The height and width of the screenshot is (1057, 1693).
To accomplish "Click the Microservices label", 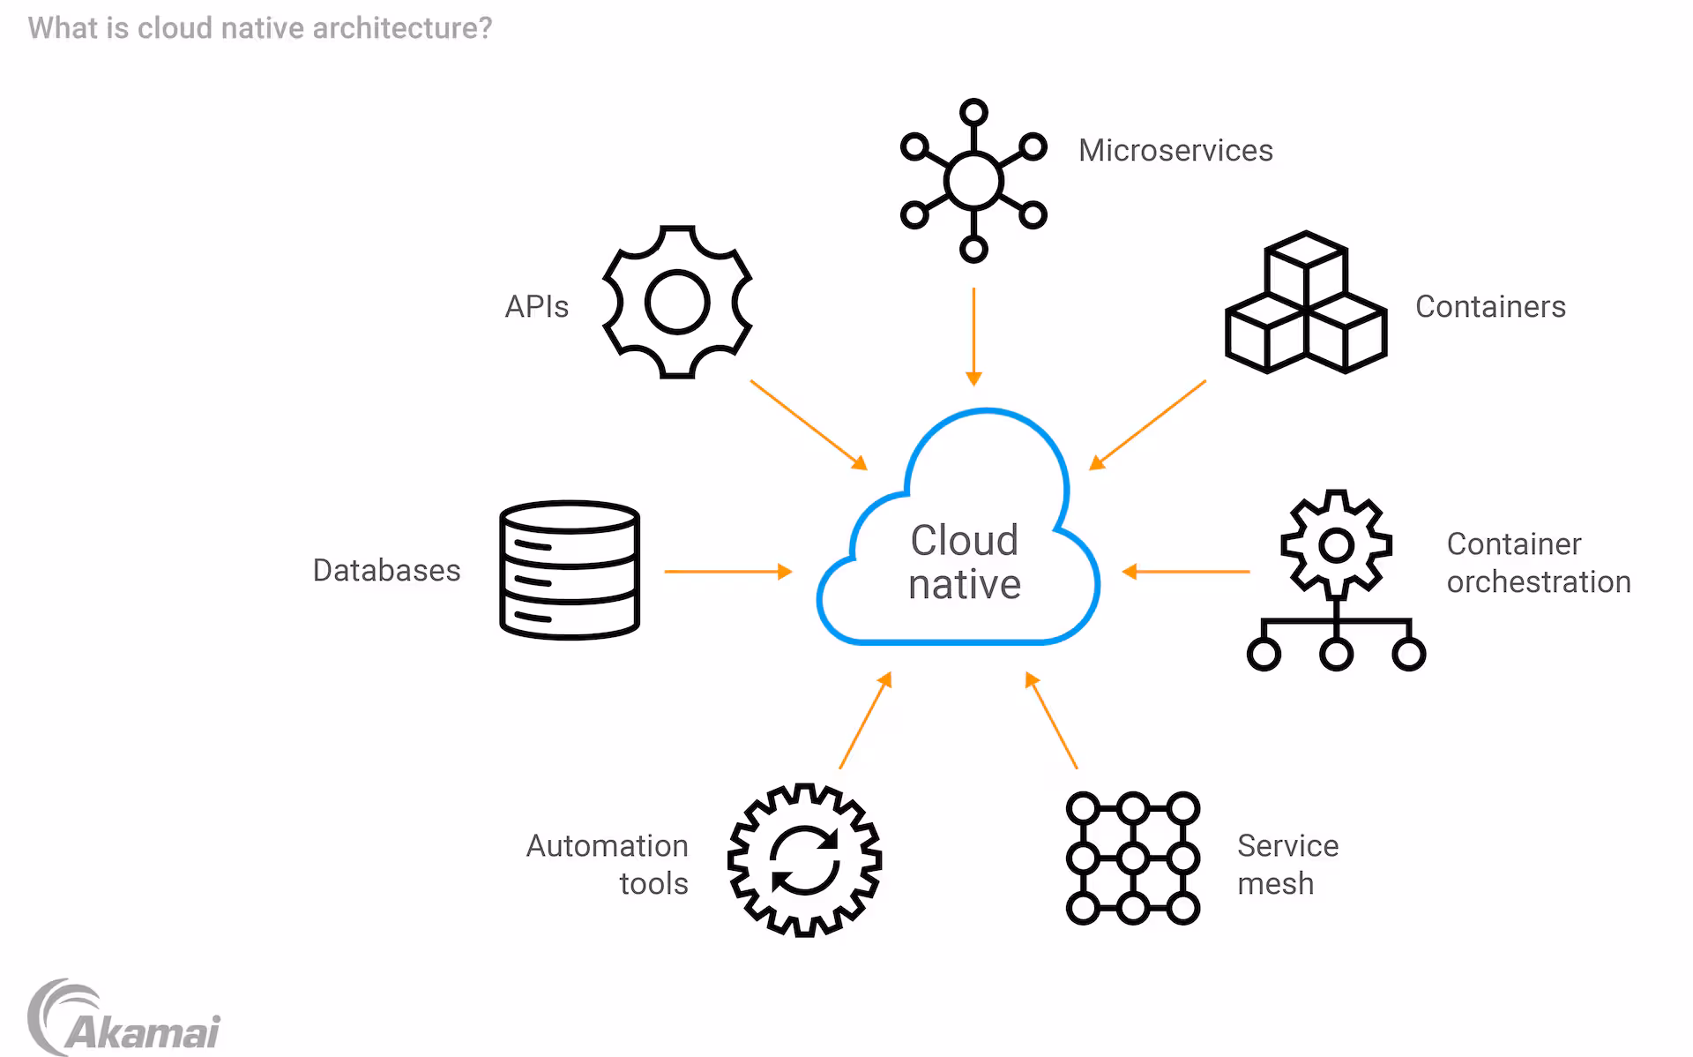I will point(1175,151).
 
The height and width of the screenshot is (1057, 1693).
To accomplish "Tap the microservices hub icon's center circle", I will point(973,181).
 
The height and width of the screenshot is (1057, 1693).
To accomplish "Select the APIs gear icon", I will point(677,303).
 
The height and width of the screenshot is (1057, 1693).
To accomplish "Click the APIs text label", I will point(536,307).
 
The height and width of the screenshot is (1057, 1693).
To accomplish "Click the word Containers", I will point(1490,307).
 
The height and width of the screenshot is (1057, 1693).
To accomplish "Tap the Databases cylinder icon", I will point(570,570).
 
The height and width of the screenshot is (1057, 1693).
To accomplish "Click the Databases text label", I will point(386,571).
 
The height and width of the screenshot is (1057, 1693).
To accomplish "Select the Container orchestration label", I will point(1538,563).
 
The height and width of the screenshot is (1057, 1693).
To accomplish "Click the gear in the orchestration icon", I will point(1336,545).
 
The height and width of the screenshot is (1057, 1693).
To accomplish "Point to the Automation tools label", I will point(608,864).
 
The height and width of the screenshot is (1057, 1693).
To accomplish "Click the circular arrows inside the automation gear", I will point(804,860).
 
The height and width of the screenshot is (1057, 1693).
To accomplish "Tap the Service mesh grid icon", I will point(1133,858).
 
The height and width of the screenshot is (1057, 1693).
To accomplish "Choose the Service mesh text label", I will point(1287,864).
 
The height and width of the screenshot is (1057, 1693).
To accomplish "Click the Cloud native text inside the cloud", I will point(965,562).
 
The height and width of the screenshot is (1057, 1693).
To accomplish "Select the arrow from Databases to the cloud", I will point(727,572).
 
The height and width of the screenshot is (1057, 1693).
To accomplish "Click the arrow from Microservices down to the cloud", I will point(973,336).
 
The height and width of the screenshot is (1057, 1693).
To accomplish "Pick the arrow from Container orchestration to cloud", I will point(1186,572).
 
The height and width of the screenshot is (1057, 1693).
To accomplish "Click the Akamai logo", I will point(123,1020).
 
